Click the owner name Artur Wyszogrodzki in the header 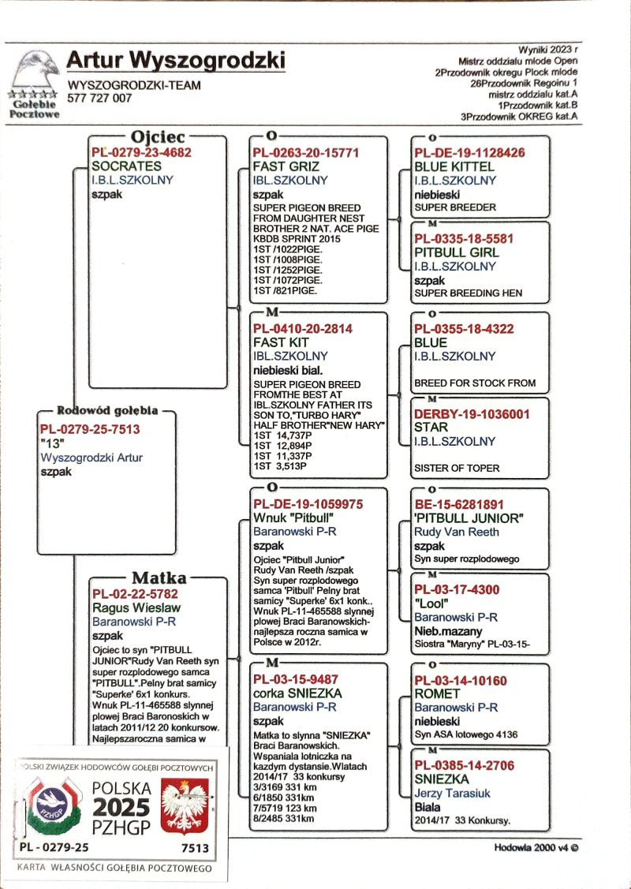coord(175,61)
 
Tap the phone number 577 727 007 coord(100,99)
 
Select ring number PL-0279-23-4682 coord(141,153)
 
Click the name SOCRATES coord(126,166)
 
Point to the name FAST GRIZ coord(285,166)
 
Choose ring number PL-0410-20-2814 coord(302,329)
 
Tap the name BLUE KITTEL coord(454,166)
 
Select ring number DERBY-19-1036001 coord(472,413)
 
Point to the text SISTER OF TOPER coord(457,468)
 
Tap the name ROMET coord(436,694)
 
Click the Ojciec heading coord(158,136)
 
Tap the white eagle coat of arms coord(183,806)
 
